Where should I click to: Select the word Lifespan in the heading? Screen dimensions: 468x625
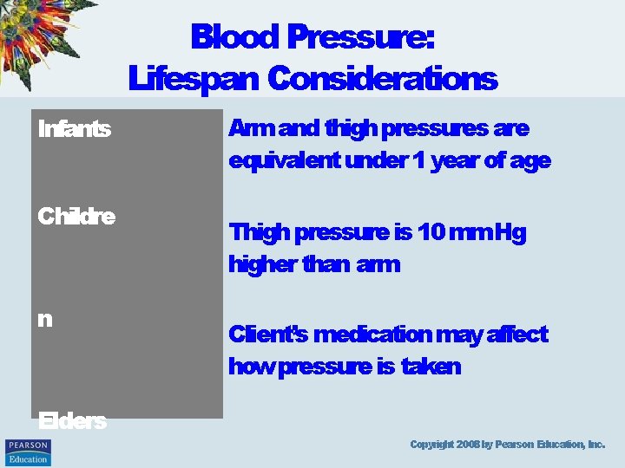194,79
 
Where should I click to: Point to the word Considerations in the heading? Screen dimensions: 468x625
382,79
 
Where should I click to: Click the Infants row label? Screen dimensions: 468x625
74,129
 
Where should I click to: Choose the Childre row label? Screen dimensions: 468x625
76,216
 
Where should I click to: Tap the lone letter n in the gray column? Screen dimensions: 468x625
45,319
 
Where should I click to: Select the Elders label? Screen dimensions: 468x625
72,421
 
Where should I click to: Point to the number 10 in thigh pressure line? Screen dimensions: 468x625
431,233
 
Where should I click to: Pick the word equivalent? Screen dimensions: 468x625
284,161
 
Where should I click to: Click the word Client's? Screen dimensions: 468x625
267,335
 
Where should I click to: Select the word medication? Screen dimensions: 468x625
372,335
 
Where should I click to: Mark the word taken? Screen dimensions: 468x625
431,367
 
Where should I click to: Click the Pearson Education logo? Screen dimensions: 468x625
28,452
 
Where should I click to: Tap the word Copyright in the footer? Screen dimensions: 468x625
431,445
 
